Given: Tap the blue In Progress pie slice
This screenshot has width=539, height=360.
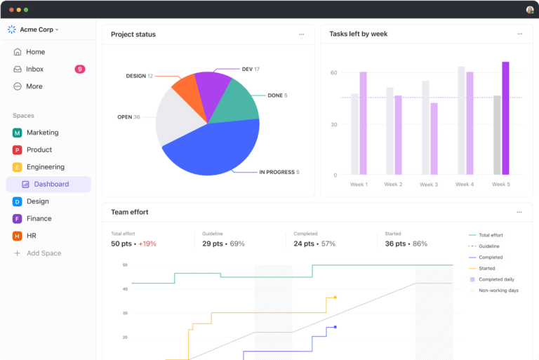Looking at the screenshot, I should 211,148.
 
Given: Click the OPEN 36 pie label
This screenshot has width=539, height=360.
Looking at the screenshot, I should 128,117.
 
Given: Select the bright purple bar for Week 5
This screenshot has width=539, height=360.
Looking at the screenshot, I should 505,118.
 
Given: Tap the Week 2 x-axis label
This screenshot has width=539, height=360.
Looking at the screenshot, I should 393,185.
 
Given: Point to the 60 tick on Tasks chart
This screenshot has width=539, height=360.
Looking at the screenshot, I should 334,73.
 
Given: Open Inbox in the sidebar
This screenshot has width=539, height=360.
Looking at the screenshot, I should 34,69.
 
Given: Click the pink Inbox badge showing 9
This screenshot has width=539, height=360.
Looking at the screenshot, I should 80,69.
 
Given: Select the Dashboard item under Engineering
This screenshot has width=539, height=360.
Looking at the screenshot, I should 51,185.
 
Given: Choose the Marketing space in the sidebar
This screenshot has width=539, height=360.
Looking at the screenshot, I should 42,133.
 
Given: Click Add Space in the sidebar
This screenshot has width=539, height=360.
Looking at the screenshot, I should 44,253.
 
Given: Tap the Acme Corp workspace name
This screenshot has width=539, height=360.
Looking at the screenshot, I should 37,29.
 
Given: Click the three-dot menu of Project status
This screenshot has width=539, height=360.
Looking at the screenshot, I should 302,34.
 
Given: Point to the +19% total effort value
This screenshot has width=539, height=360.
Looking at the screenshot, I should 147,244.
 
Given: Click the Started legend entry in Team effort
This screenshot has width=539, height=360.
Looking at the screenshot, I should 486,268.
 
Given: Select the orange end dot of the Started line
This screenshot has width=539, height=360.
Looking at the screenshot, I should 335,298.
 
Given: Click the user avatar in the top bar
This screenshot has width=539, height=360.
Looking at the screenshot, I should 530,10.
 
